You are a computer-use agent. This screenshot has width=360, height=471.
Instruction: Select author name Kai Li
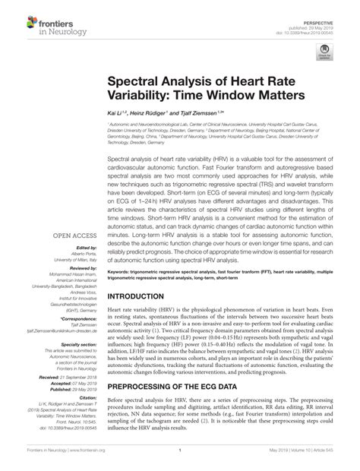pyautogui.click(x=116, y=111)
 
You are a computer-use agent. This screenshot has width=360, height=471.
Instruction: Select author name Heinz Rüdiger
pyautogui.click(x=151, y=111)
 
